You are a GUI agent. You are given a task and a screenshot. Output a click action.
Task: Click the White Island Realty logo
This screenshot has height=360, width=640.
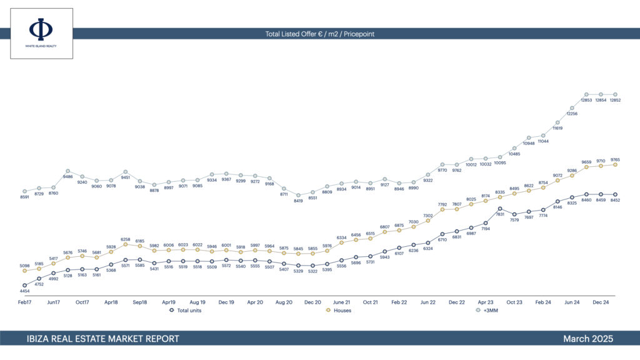pyautogui.click(x=41, y=33)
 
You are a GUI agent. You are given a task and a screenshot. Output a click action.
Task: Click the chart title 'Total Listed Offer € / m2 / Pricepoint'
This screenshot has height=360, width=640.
pyautogui.click(x=319, y=34)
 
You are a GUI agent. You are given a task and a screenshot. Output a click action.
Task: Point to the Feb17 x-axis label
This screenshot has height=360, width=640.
pyautogui.click(x=24, y=302)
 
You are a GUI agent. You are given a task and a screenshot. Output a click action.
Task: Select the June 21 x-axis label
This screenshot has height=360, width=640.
pyautogui.click(x=342, y=302)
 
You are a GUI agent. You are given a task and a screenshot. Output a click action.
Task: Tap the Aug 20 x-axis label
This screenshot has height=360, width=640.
pyautogui.click(x=284, y=302)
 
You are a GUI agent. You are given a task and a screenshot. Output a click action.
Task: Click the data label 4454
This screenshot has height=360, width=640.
pyautogui.click(x=24, y=291)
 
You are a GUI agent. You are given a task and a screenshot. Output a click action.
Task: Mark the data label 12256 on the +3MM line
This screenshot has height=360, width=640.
pyautogui.click(x=572, y=114)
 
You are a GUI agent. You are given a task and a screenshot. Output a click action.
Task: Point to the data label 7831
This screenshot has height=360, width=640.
pyautogui.click(x=500, y=214)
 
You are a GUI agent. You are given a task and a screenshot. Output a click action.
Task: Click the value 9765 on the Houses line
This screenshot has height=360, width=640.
pyautogui.click(x=615, y=159)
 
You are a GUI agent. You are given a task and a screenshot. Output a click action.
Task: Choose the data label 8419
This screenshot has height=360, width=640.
pyautogui.click(x=299, y=201)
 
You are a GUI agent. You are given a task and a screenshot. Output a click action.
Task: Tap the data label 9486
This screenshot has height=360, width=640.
pyautogui.click(x=67, y=177)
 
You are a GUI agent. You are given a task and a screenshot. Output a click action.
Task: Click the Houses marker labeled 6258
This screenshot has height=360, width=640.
pyautogui.click(x=126, y=244)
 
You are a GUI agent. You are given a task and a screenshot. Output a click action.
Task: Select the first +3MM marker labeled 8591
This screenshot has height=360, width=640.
pyautogui.click(x=24, y=191)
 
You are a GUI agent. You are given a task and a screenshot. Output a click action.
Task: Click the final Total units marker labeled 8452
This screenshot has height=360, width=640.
pyautogui.click(x=615, y=195)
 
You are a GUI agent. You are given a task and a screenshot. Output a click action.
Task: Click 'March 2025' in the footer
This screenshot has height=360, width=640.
pyautogui.click(x=587, y=339)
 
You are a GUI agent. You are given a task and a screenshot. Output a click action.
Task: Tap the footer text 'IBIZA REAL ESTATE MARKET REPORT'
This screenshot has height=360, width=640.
pyautogui.click(x=103, y=339)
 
